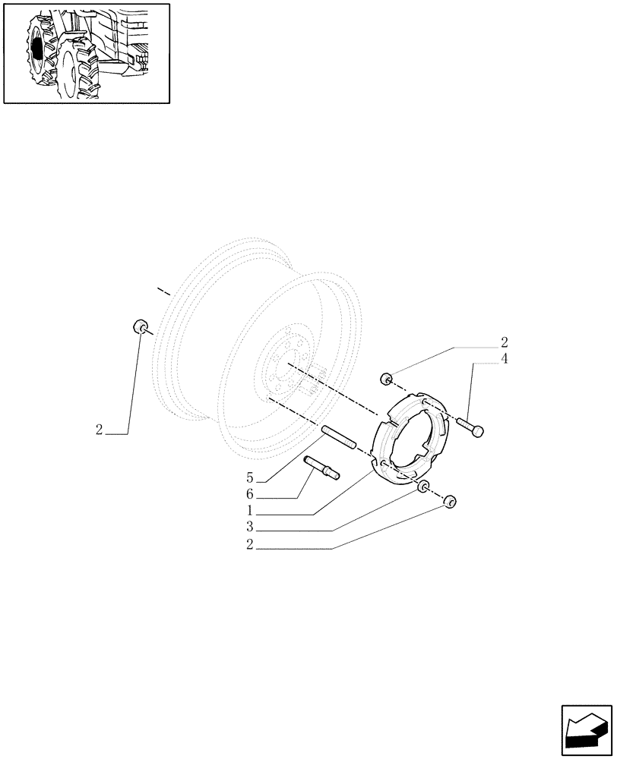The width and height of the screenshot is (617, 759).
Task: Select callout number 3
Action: tap(250, 528)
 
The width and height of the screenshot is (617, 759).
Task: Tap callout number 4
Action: tap(504, 358)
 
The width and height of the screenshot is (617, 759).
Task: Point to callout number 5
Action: tap(250, 478)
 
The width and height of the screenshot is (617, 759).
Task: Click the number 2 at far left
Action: tap(100, 430)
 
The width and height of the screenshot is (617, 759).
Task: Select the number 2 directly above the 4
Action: tap(504, 342)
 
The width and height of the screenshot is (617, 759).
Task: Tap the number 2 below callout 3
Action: tap(250, 544)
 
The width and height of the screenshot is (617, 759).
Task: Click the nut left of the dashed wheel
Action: tap(140, 327)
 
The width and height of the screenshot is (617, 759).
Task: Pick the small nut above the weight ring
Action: tap(386, 379)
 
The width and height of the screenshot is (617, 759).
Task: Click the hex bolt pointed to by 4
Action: tap(470, 427)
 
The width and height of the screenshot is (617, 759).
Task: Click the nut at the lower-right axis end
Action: tap(449, 501)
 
